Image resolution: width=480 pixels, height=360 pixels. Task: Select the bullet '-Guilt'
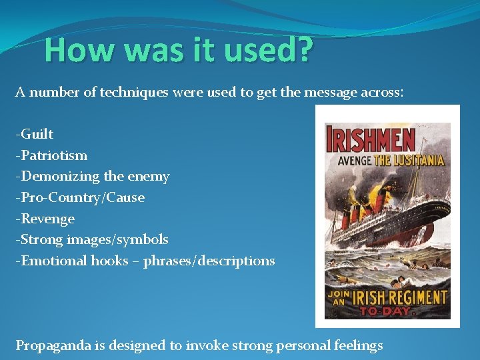pos(35,134)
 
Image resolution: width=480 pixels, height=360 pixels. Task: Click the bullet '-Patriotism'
pos(51,155)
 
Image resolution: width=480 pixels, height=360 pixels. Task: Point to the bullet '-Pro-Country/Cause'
pos(80,197)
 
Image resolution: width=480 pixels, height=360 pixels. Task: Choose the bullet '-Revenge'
pos(45,219)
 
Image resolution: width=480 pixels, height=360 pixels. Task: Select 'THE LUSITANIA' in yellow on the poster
pos(407,160)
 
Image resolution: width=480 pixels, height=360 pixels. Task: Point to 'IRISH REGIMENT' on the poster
pos(399,297)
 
